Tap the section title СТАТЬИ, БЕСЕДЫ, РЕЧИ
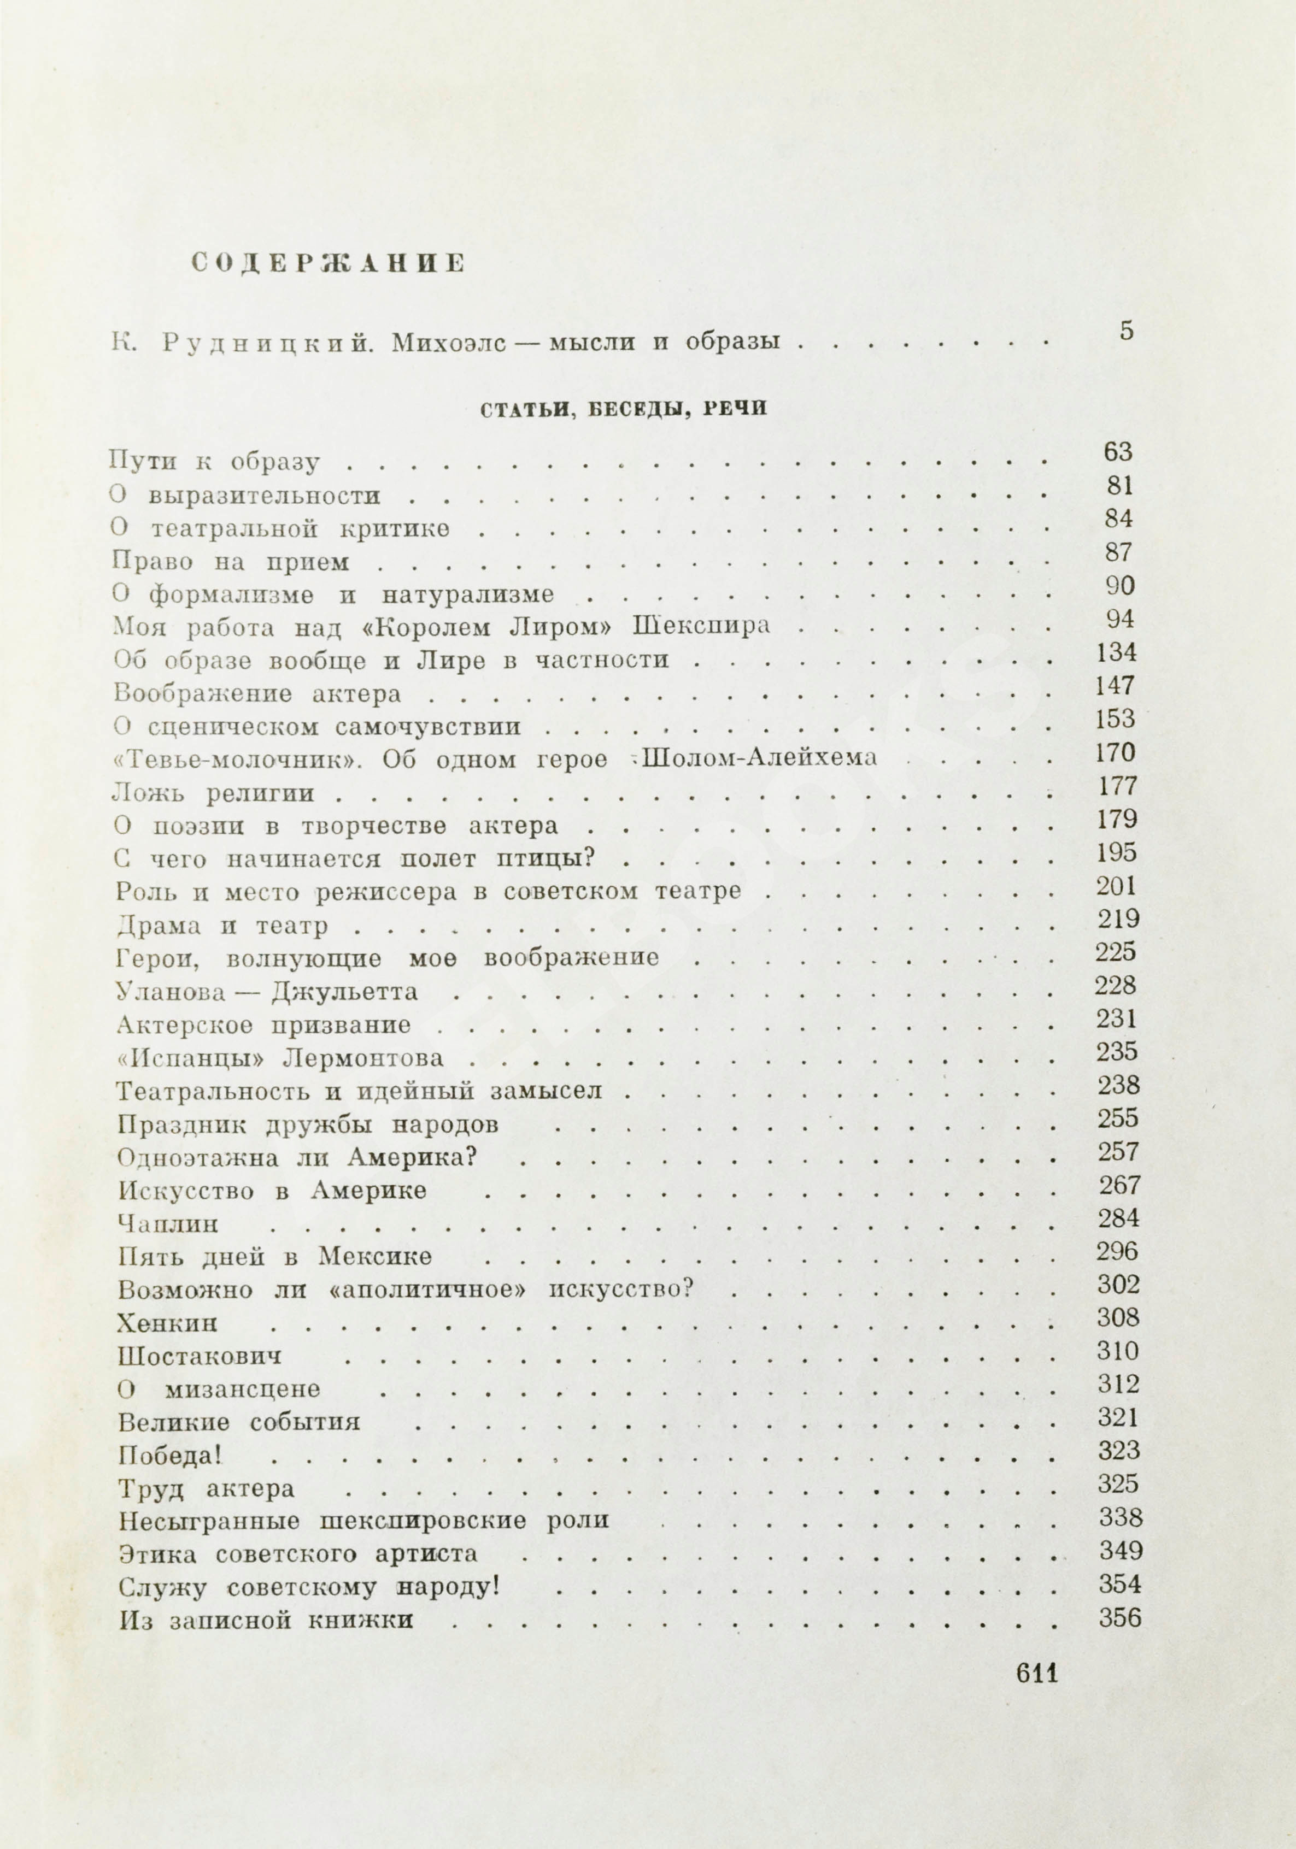[624, 409]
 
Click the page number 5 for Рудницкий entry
[1126, 331]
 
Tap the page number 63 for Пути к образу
[1118, 452]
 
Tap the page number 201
[1116, 887]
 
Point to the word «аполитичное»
[430, 1290]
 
